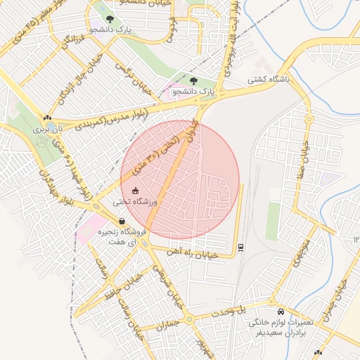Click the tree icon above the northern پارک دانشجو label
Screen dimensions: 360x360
(x=108, y=18)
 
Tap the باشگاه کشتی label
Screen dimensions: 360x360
(x=267, y=81)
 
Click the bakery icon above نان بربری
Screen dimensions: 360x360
(x=47, y=118)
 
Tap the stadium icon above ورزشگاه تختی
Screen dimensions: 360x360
(x=136, y=191)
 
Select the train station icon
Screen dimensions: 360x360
(x=240, y=247)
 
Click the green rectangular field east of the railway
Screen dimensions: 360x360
(x=273, y=221)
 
